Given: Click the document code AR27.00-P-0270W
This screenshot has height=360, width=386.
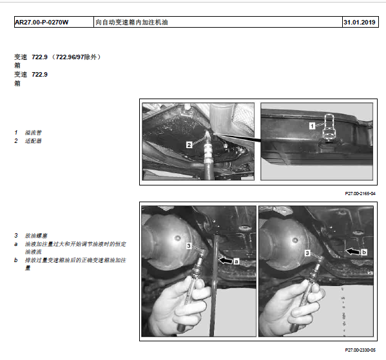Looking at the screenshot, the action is [x=42, y=23].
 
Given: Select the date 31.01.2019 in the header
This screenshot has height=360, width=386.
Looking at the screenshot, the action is [x=360, y=23].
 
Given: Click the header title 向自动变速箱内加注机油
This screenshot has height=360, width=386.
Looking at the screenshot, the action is [x=131, y=23].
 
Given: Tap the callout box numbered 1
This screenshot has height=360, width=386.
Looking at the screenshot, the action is [x=312, y=126].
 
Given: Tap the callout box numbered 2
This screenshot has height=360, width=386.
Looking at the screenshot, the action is [x=189, y=145].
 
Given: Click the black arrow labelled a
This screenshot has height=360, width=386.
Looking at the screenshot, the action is [x=226, y=260].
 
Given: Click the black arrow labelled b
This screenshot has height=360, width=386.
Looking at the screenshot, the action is [x=353, y=251].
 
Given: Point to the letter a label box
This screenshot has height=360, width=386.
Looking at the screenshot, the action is [x=236, y=261].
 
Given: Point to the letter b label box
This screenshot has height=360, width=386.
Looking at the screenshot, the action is [x=364, y=252].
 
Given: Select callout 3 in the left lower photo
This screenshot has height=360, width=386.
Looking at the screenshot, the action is [x=189, y=246].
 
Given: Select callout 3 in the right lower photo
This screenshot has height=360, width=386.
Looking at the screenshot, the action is [x=307, y=253].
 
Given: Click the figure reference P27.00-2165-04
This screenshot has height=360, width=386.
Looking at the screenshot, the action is [x=360, y=194].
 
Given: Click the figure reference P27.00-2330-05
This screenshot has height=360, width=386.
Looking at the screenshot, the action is [x=360, y=350].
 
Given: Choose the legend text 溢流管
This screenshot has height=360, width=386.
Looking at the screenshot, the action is [x=34, y=133].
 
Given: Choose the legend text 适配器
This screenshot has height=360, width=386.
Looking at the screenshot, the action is [x=34, y=141].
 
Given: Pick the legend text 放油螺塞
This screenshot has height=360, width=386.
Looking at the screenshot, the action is [x=36, y=236].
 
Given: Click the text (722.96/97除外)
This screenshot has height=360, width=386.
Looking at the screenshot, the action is [x=76, y=57].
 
